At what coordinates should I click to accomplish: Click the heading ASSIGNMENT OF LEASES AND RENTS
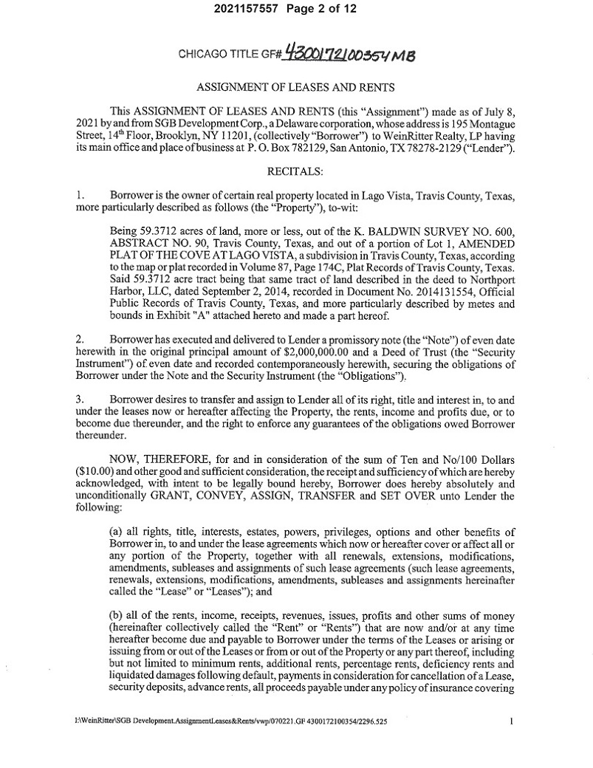[296, 87]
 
